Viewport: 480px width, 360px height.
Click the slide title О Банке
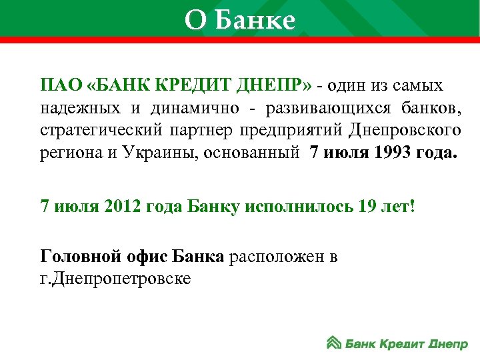(x=239, y=21)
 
